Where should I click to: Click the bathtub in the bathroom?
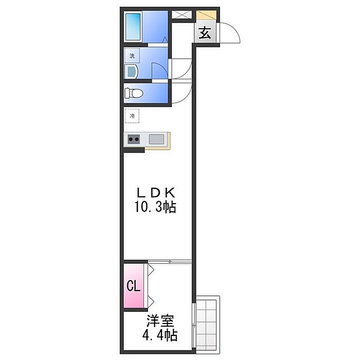[x=133, y=27]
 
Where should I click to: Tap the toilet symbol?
[x=133, y=94]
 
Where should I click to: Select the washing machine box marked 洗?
[x=132, y=56]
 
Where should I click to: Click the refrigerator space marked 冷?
[x=132, y=116]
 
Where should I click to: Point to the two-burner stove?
[x=134, y=139]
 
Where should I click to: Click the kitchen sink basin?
[x=156, y=139]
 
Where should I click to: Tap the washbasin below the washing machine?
[x=131, y=71]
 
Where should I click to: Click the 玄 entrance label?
[x=205, y=32]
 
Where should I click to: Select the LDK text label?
[x=156, y=192]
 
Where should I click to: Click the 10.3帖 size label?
[x=155, y=207]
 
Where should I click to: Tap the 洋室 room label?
[x=160, y=320]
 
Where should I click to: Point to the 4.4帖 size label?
[x=160, y=335]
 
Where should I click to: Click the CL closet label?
[x=133, y=286]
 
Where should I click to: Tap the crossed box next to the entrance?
[x=182, y=14]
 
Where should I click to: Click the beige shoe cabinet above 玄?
[x=206, y=15]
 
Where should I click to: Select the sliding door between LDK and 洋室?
[x=170, y=261]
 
